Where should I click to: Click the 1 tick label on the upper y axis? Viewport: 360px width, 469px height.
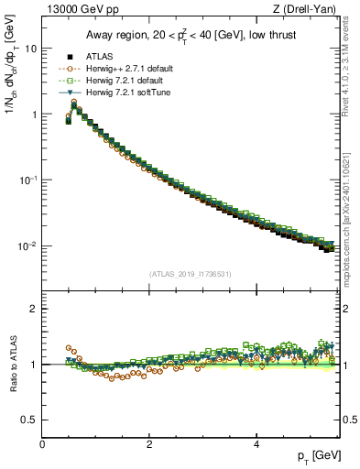(35, 115)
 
